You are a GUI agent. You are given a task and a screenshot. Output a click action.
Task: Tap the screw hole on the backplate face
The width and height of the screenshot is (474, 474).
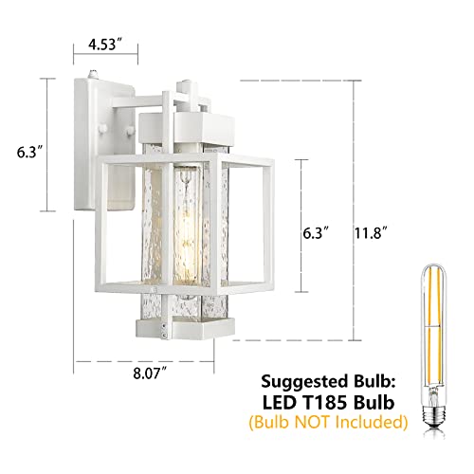click(124, 149)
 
